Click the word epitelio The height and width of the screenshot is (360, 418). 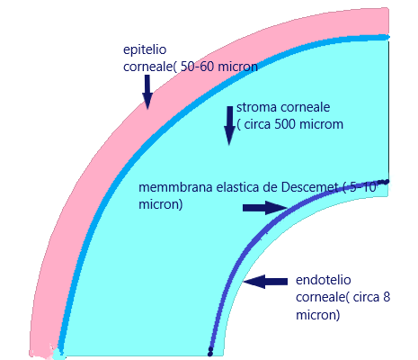coord(145,50)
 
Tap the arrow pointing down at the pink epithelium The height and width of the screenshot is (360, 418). coord(147,92)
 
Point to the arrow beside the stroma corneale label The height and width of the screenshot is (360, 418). coord(229,125)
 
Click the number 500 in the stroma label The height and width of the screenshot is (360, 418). coord(285,124)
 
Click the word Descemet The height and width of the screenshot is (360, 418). coord(310,187)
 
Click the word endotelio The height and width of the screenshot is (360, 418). coord(324,280)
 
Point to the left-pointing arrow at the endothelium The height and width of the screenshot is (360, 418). coord(265,282)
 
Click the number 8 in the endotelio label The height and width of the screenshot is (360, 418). coord(387,297)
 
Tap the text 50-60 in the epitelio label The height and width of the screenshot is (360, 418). coord(197,67)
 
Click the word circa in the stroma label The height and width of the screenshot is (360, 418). coord(258,124)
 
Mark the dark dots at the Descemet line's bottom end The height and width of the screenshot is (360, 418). coord(210,351)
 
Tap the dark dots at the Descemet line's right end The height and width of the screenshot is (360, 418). coord(383,182)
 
